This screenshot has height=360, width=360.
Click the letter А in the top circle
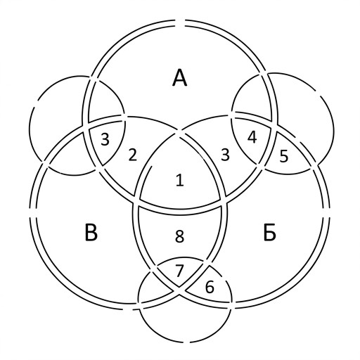(180, 78)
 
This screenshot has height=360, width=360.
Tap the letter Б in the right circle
(269, 233)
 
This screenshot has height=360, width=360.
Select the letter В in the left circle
(91, 232)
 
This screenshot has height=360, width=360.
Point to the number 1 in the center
(180, 181)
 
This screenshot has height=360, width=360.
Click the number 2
(133, 155)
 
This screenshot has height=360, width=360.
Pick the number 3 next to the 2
(105, 139)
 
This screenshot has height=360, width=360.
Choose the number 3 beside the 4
(225, 155)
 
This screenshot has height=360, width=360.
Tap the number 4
(252, 137)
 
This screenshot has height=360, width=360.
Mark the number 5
(284, 156)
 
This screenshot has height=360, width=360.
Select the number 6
(210, 287)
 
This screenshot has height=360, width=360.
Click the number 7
(179, 271)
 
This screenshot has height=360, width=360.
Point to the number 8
(179, 236)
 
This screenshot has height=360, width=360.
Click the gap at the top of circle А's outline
(180, 23)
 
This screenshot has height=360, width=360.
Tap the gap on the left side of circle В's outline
(33, 213)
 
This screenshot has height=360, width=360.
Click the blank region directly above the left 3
(105, 101)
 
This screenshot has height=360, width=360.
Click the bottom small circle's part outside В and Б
(185, 326)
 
